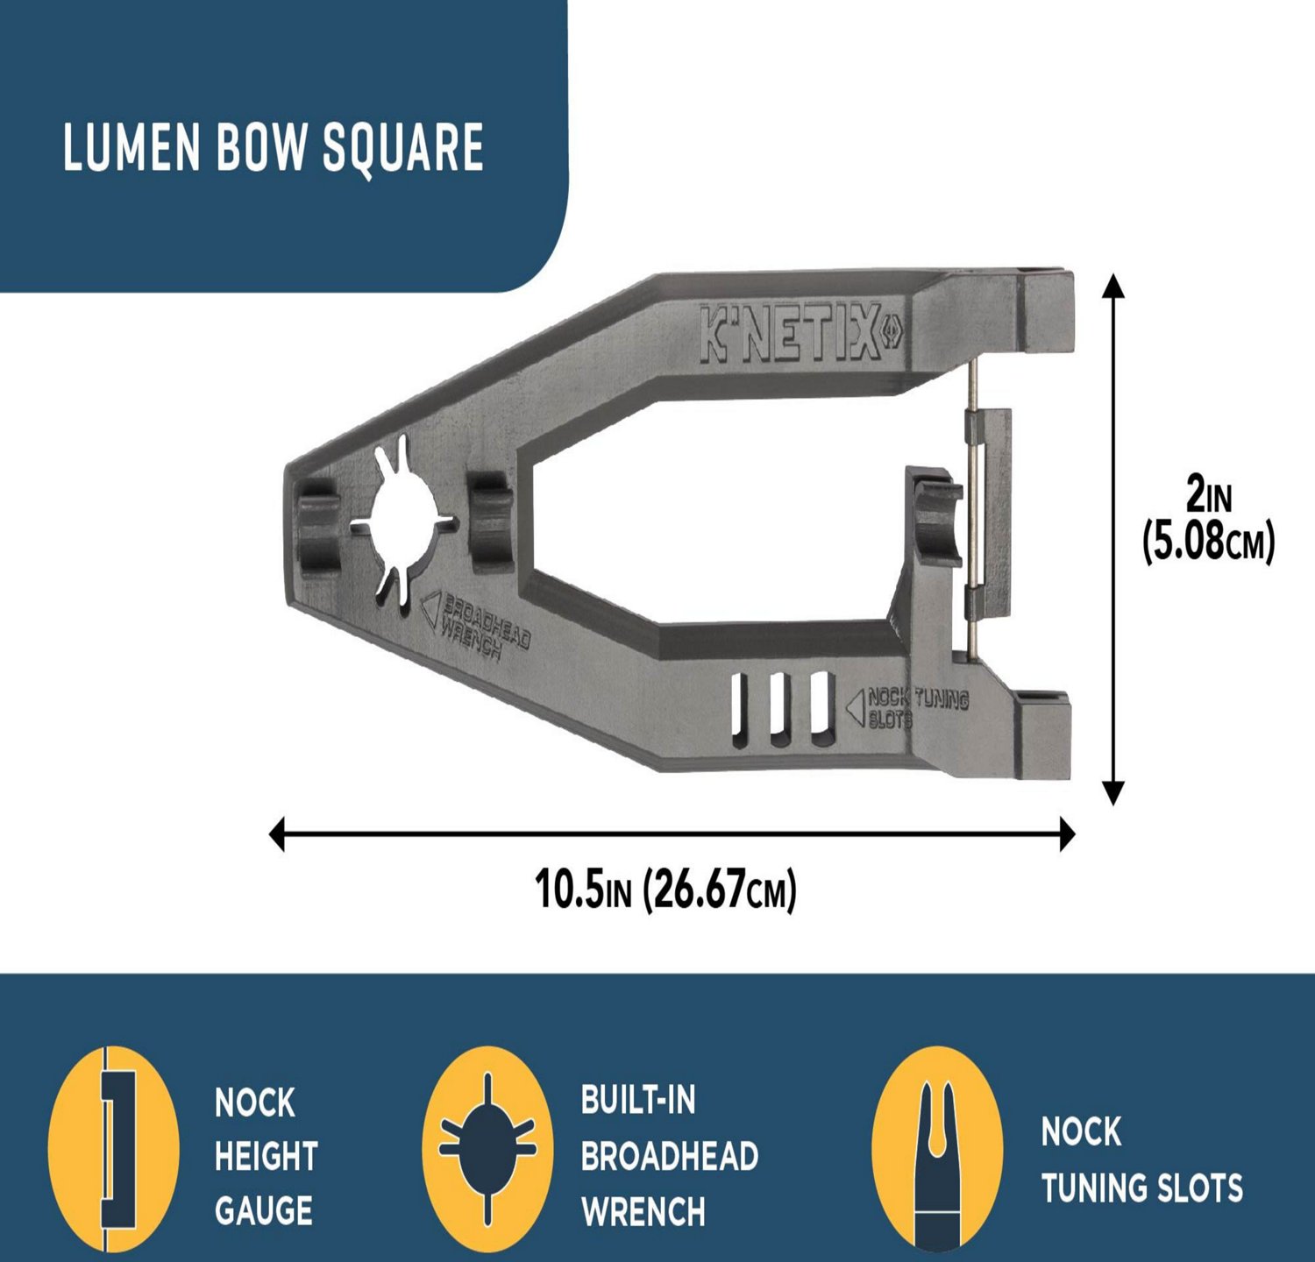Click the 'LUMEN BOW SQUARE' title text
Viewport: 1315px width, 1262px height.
tap(273, 146)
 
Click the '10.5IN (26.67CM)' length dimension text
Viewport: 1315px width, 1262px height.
tap(665, 890)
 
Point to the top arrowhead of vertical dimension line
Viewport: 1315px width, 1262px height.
tap(1112, 286)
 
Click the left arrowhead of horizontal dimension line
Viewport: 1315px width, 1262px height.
tap(278, 833)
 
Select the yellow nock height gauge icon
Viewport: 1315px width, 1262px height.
tap(113, 1148)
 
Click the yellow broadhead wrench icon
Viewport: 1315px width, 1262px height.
tap(487, 1148)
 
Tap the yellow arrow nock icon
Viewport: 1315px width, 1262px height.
tap(937, 1148)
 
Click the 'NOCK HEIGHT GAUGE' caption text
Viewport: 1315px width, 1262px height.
tap(266, 1157)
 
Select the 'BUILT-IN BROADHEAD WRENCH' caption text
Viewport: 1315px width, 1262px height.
tap(669, 1157)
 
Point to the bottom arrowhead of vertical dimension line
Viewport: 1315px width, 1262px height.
tap(1112, 793)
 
